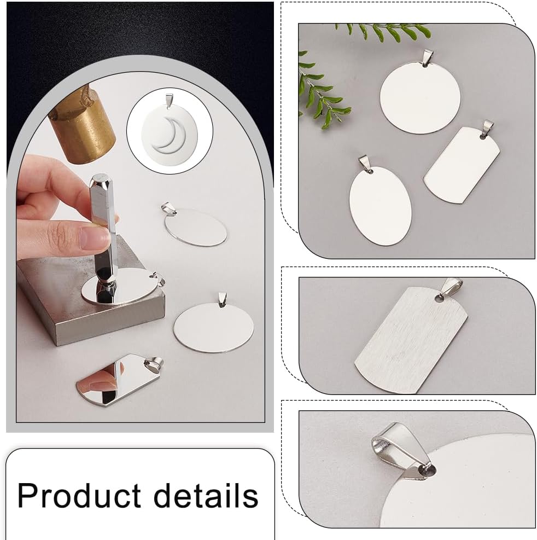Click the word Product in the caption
(79, 495)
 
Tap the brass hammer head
(82, 131)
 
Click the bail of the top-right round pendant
(428, 57)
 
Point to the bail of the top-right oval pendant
(365, 163)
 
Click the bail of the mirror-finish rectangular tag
(155, 362)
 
